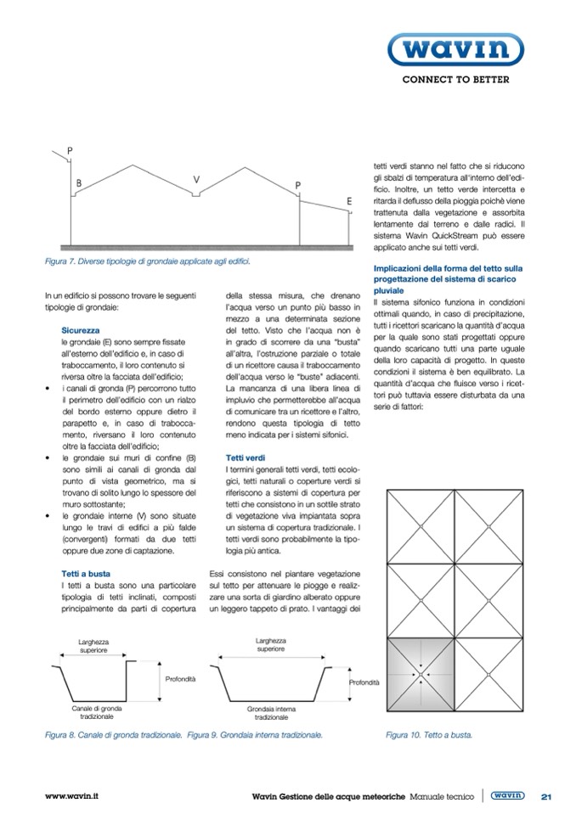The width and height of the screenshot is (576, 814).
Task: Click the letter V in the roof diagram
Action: (196, 179)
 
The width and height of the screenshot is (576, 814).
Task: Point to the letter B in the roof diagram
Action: (78, 182)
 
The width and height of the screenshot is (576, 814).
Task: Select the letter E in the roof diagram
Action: (349, 201)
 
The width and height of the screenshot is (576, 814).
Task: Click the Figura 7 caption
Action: (147, 261)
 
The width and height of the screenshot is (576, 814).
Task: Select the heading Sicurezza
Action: (82, 328)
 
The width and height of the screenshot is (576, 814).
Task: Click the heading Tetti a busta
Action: (88, 574)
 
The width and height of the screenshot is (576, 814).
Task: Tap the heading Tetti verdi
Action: (246, 458)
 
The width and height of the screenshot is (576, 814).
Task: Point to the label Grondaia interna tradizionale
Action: (270, 711)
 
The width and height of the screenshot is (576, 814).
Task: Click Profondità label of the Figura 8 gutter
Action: (180, 679)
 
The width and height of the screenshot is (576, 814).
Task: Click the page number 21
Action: (546, 796)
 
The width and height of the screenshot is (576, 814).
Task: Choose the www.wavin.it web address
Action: (72, 796)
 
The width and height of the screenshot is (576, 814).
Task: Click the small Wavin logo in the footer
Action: (507, 796)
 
